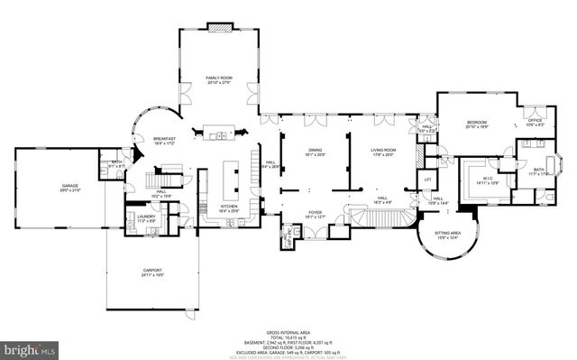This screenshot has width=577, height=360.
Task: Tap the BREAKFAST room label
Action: pyautogui.click(x=163, y=139)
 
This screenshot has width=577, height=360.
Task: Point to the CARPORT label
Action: pyautogui.click(x=151, y=272)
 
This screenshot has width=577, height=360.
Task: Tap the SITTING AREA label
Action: pyautogui.click(x=448, y=234)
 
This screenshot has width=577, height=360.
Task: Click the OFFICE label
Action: pyautogui.click(x=535, y=121)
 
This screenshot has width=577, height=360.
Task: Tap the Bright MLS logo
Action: pyautogui.click(x=30, y=347)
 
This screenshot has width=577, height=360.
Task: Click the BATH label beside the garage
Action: pyautogui.click(x=116, y=163)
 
